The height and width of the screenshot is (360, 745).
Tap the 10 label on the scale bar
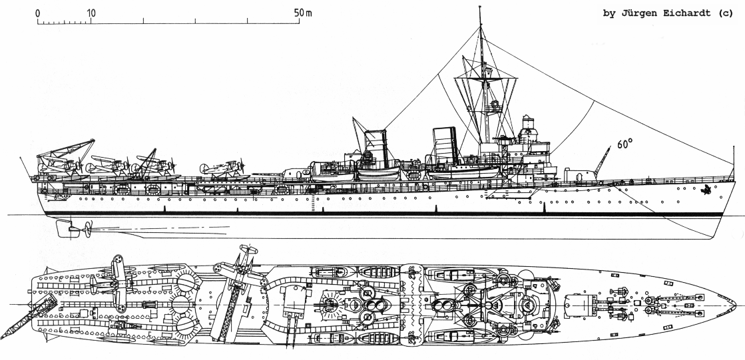[91, 13]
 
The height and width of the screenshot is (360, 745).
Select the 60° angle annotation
[624, 144]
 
